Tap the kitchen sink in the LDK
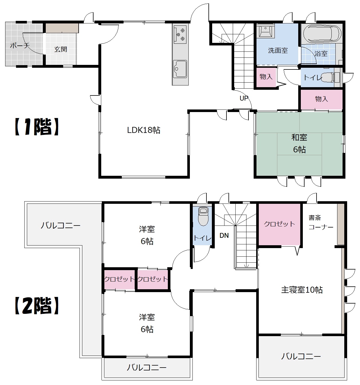(x=180, y=69)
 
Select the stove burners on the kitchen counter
(x=180, y=35)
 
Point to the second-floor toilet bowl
(x=203, y=216)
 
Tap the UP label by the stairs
(x=244, y=98)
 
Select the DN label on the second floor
(x=224, y=235)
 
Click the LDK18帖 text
(x=144, y=130)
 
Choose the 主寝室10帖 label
(x=302, y=290)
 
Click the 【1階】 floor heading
(x=37, y=127)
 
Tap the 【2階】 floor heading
(x=37, y=306)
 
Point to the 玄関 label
(x=61, y=49)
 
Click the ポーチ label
(x=20, y=45)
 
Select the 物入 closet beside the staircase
(x=266, y=77)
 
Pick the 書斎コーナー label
(x=321, y=222)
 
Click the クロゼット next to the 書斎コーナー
(x=279, y=224)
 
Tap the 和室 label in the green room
(x=299, y=137)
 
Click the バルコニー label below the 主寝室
(x=301, y=356)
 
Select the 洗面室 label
(x=278, y=51)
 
